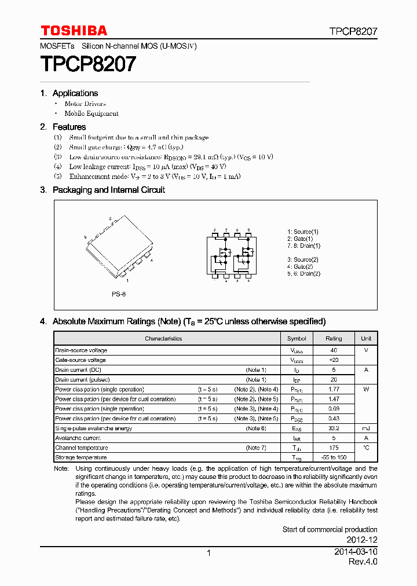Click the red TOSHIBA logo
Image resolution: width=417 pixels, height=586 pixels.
[74, 31]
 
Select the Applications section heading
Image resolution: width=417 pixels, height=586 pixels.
[75, 93]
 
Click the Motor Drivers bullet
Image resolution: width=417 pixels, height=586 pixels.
[85, 104]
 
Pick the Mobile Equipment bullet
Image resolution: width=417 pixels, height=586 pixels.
[92, 113]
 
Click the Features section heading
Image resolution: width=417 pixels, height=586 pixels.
[69, 127]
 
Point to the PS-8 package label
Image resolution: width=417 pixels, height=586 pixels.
[119, 294]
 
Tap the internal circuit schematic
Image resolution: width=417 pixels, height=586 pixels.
[231, 255]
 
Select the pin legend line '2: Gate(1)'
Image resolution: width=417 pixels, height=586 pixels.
[300, 239]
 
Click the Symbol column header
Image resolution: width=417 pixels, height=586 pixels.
[297, 338]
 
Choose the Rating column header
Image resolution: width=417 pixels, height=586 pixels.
[334, 338]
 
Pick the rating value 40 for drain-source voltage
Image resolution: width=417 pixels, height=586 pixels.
[334, 350]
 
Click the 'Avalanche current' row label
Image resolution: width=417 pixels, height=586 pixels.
[78, 438]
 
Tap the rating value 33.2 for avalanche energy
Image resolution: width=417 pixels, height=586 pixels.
[334, 428]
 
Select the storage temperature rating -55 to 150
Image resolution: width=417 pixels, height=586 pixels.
[334, 457]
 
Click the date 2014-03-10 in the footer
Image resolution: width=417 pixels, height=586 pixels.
[356, 553]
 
